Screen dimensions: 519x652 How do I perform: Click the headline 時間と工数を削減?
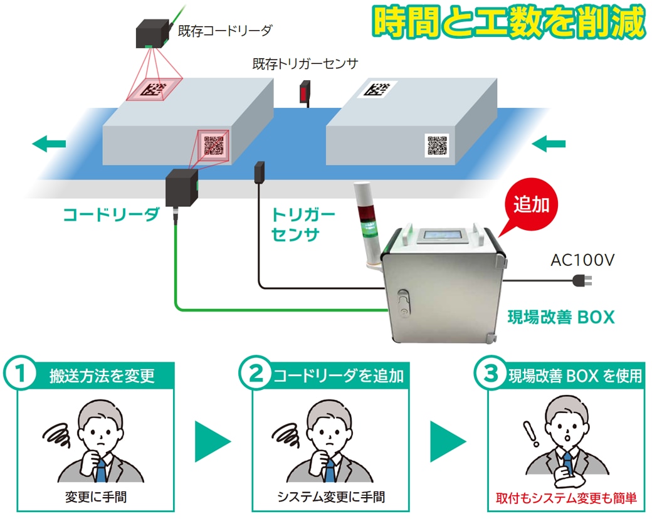coord(507,23)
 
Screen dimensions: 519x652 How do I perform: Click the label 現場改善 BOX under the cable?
coord(560,317)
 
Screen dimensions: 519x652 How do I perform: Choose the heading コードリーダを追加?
coord(338,376)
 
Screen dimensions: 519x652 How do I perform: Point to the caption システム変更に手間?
coord(331,498)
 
